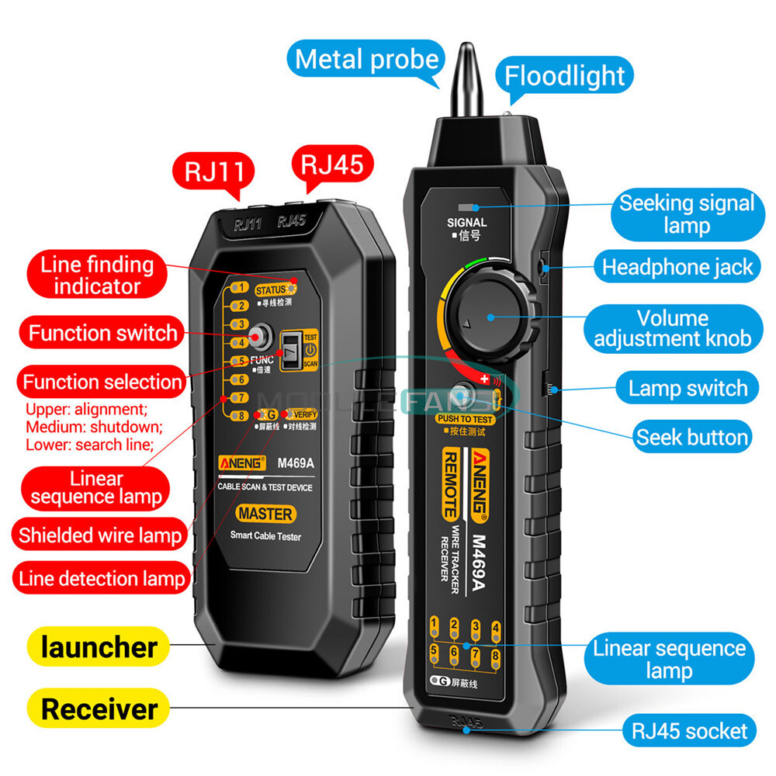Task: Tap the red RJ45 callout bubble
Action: click(331, 165)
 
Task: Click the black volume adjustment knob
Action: click(490, 317)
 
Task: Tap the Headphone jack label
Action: click(677, 267)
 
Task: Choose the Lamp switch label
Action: click(688, 388)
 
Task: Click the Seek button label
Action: click(692, 437)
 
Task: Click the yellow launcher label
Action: click(99, 646)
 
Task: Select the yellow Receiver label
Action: click(99, 708)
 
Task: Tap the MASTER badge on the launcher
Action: click(265, 514)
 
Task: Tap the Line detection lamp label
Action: click(102, 578)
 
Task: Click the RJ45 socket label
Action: click(688, 730)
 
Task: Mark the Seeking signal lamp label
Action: click(686, 214)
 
